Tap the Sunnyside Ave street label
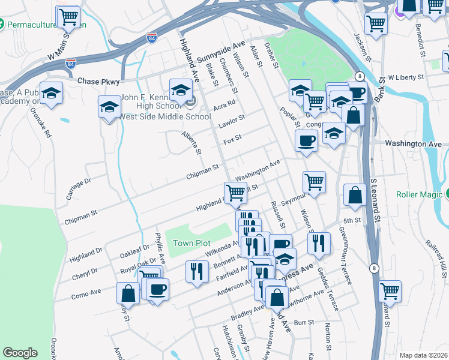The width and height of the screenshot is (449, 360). coord(221,53)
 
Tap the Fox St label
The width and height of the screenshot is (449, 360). coord(232,139)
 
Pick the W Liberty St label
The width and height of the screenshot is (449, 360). coord(406,77)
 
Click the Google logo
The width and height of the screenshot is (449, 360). coord(20,353)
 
